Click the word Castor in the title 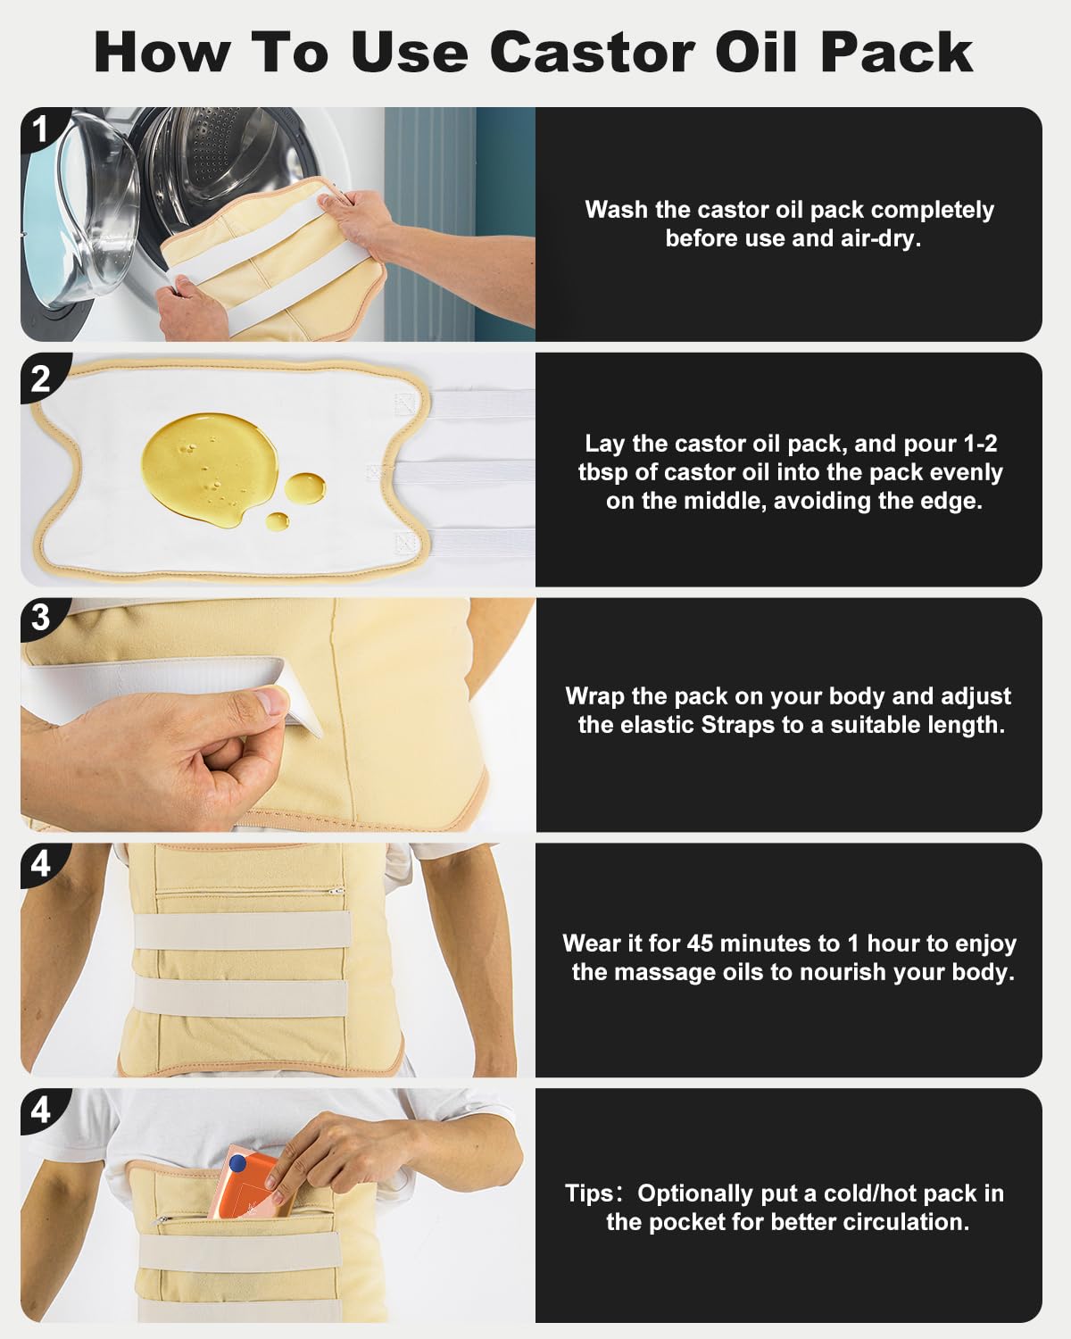pos(592,53)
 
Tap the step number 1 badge pos(42,129)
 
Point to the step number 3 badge pos(42,618)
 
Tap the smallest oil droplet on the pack pos(278,521)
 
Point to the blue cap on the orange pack pos(237,1162)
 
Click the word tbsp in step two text pos(603,473)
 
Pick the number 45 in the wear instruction pos(700,944)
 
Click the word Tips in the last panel pos(588,1194)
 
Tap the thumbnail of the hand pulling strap pos(278,715)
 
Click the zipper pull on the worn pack pos(339,892)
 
